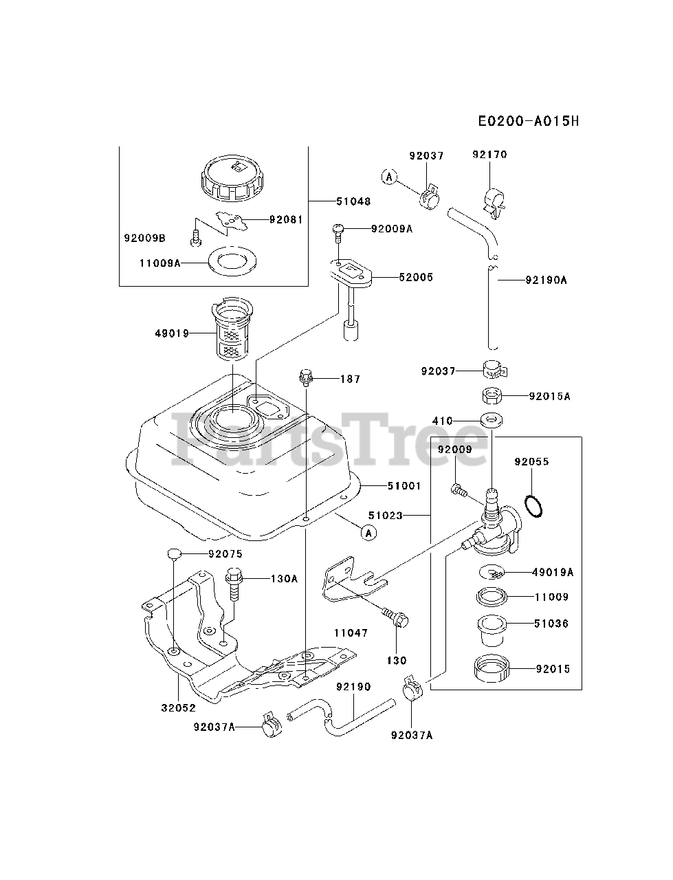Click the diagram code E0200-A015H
(x=529, y=122)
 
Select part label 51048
(x=353, y=201)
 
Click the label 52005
(x=417, y=277)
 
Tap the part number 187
(x=350, y=379)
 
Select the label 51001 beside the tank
(x=404, y=486)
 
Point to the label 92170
(x=489, y=155)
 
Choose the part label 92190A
(x=546, y=280)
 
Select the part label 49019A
(x=552, y=571)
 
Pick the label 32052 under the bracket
(x=179, y=707)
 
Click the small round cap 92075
(x=175, y=553)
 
